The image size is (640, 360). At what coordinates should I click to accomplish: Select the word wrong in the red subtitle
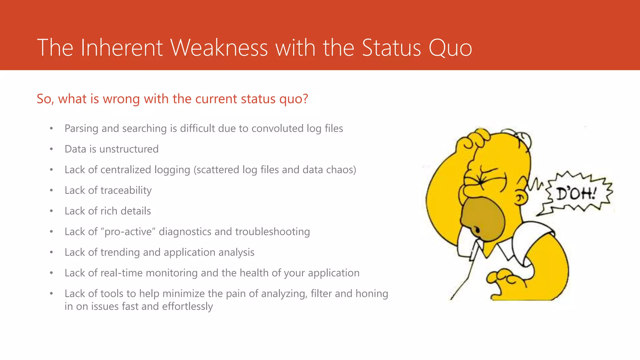click(x=121, y=99)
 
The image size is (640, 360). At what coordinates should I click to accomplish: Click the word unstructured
click(x=129, y=149)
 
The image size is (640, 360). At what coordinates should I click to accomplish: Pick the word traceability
click(x=126, y=191)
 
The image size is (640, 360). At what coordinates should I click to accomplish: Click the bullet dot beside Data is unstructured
click(x=51, y=149)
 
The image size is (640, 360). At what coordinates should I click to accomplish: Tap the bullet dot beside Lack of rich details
click(x=51, y=211)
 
